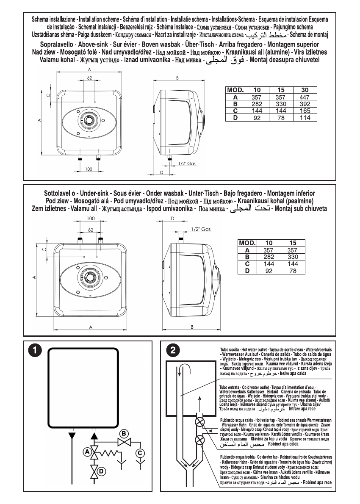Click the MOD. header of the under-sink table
pos(247,243)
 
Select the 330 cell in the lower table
pos(292,256)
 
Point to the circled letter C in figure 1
pos(140,453)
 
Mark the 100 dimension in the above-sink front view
pos(89,169)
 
